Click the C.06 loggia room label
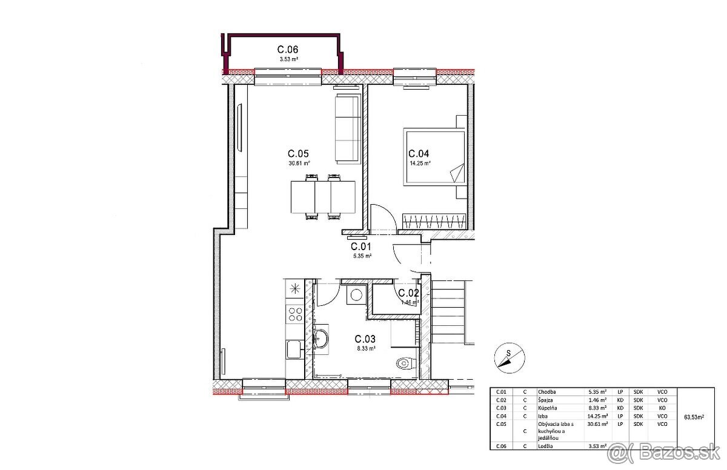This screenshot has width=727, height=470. point(288,50)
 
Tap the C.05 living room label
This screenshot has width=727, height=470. point(299,154)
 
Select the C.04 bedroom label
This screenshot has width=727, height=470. point(419,154)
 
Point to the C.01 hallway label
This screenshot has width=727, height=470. point(361,247)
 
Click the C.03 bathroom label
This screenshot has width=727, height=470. point(365,339)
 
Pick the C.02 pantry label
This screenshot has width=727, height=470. point(409,294)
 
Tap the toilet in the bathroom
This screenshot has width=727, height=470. point(404,364)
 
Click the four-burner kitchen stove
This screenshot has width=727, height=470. point(295,314)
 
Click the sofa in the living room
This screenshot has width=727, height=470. point(348,128)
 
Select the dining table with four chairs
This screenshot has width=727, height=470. point(322,197)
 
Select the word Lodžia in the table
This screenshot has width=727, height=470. point(546,446)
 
